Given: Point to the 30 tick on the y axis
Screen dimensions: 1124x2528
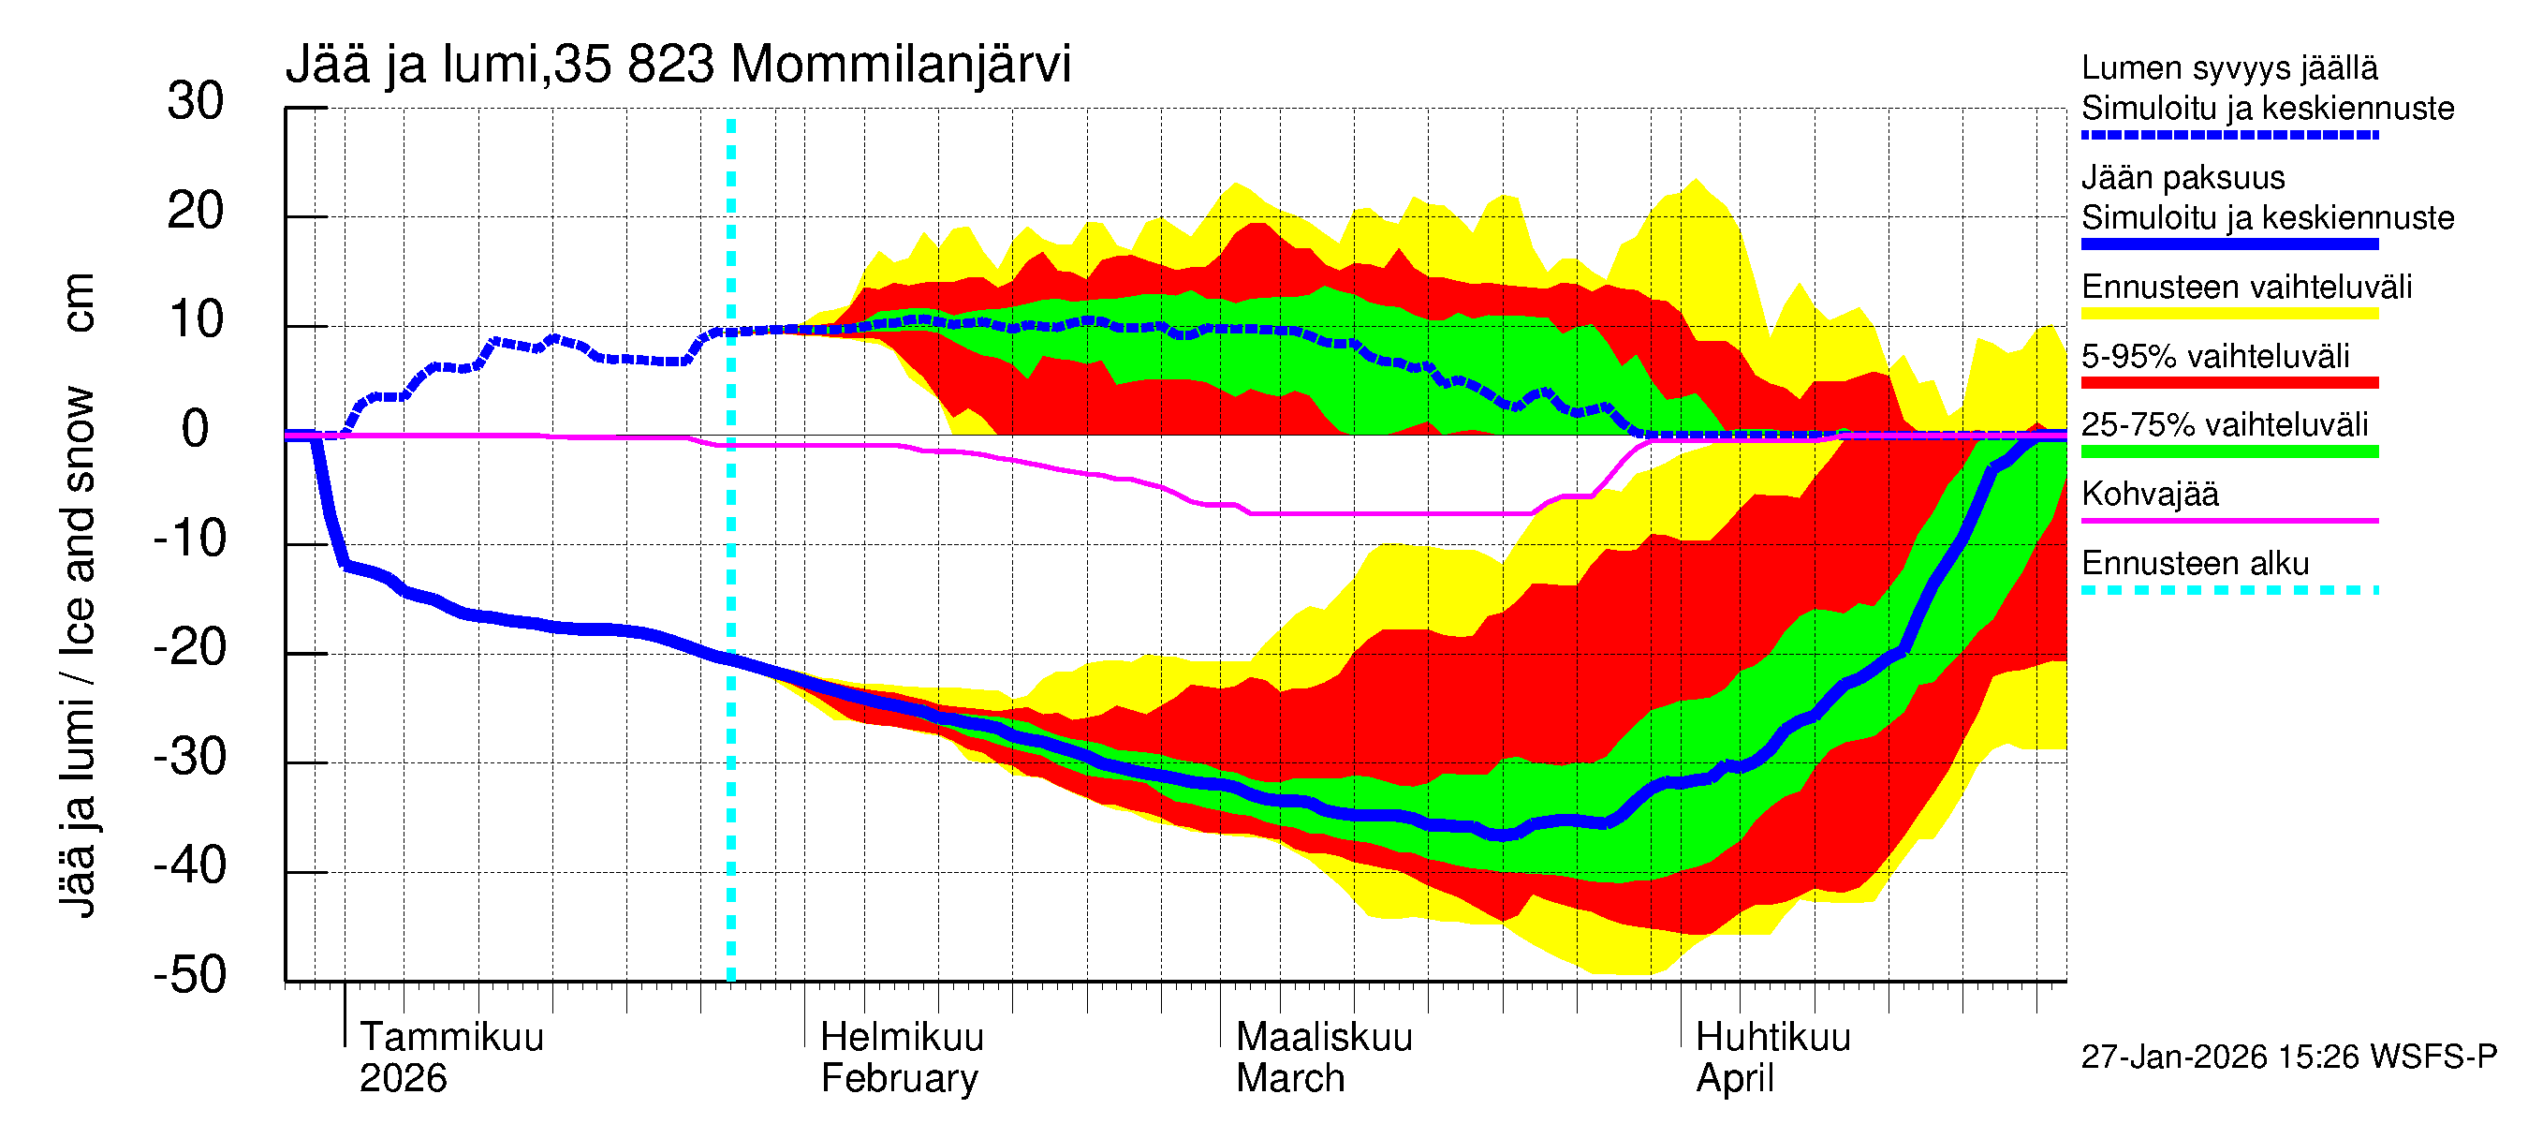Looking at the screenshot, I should click(x=196, y=102).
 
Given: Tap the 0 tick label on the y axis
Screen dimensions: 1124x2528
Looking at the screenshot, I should click(x=196, y=429).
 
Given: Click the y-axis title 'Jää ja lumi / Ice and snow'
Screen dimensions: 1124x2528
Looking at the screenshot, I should click(x=79, y=652).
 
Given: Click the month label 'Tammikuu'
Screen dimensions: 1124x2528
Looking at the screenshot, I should click(x=451, y=1037).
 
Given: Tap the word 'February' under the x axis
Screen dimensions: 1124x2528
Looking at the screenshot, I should click(x=899, y=1078).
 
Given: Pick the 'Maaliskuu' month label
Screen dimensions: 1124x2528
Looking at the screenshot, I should click(x=1324, y=1037).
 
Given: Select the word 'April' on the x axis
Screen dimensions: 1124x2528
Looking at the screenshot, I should click(x=1734, y=1078).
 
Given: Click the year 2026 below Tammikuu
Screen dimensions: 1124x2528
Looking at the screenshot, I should click(x=403, y=1078).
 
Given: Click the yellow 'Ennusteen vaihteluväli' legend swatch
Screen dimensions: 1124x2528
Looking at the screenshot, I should click(x=2228, y=314).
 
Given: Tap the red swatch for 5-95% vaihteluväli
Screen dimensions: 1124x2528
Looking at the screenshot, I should click(x=2228, y=383).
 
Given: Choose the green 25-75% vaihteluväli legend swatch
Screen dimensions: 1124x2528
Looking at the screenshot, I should click(x=2228, y=451).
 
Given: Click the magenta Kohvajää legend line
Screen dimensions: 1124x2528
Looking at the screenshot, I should click(x=2228, y=520).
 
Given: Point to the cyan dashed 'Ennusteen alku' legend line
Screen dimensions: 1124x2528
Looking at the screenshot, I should click(x=2228, y=590).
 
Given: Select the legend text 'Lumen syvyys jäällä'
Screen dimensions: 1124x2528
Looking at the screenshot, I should click(x=2228, y=68).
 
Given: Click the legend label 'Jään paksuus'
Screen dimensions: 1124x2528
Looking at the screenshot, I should click(x=2183, y=178).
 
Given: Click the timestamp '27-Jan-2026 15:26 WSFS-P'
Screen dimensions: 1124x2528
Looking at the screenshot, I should click(x=2288, y=1057).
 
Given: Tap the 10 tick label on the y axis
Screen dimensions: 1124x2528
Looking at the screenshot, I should click(x=196, y=320).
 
